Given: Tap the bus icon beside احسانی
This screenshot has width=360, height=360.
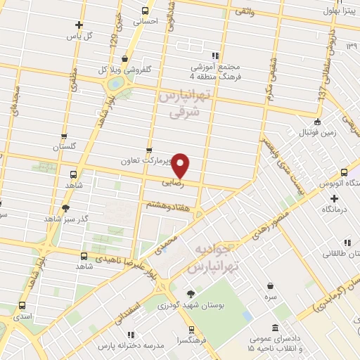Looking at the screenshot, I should (x=146, y=11).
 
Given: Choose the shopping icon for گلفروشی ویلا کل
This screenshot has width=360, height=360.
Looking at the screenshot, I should (x=124, y=58).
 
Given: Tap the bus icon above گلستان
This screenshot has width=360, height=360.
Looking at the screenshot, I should (x=64, y=136).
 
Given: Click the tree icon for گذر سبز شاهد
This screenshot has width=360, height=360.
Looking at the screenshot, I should (x=65, y=208).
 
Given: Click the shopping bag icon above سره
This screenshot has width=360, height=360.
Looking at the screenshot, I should (x=271, y=285).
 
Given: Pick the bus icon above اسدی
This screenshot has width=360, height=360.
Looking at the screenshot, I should (x=23, y=306).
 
